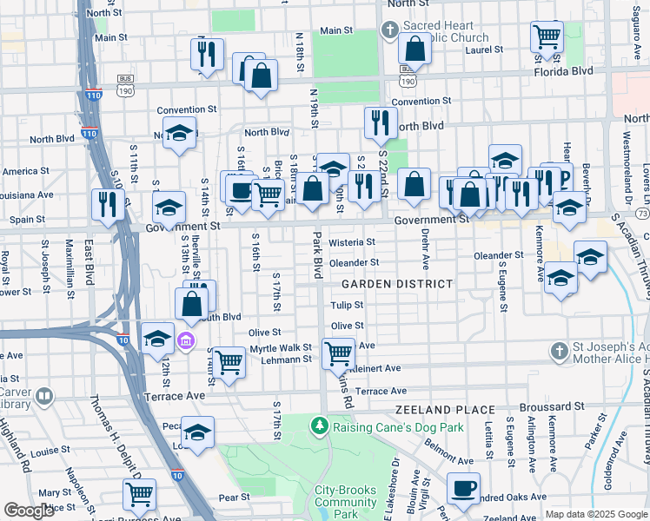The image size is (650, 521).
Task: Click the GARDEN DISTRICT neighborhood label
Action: point(396,284)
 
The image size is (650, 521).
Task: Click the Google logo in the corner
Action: point(29,511)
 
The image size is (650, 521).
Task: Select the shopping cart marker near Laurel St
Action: point(547,36)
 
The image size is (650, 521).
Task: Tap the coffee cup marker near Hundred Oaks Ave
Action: point(463,489)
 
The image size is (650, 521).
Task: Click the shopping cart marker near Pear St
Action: point(139,494)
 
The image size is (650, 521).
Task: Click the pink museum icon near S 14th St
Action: point(186,340)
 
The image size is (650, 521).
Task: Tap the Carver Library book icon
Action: point(44,397)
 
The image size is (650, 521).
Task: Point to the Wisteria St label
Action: point(351,242)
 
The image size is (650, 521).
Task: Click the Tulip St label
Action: point(347,305)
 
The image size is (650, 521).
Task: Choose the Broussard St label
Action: point(549,406)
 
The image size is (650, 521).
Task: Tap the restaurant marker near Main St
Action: point(207,55)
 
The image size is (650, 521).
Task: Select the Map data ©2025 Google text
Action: point(595,514)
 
